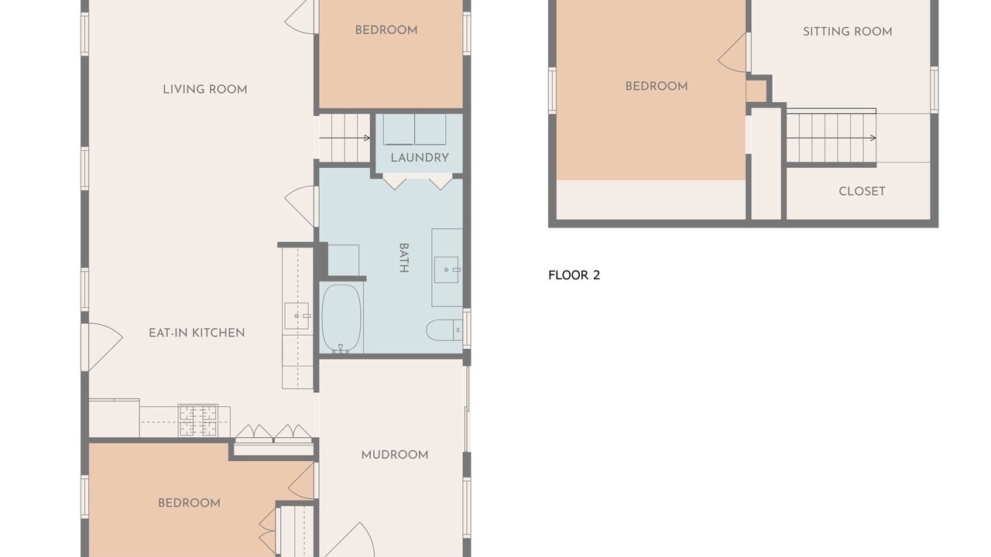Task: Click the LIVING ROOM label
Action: [205, 90]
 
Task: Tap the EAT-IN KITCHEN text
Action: [197, 333]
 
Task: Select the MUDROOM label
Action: [395, 455]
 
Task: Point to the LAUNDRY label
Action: [420, 158]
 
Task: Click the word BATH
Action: [403, 258]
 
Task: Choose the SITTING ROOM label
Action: [847, 32]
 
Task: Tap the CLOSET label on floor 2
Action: [862, 191]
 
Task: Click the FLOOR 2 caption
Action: [574, 275]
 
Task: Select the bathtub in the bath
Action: [341, 318]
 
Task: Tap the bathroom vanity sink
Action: [446, 270]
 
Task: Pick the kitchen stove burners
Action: [197, 420]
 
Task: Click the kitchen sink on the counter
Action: [297, 316]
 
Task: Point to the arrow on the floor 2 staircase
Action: [832, 138]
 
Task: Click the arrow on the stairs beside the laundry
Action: [345, 138]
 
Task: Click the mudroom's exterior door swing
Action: [349, 539]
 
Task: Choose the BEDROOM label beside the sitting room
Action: [656, 86]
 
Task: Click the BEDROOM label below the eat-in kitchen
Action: [189, 503]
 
